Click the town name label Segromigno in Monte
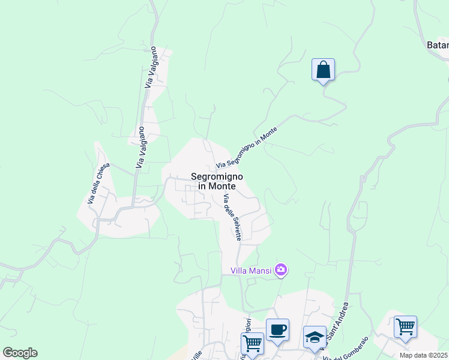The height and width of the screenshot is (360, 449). click(217, 181)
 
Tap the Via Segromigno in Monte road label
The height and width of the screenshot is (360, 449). click(247, 148)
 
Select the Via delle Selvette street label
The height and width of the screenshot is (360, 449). click(232, 218)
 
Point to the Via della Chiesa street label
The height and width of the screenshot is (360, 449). click(99, 183)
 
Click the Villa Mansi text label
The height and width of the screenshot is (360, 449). click(252, 271)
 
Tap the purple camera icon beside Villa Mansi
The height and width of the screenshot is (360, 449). click(281, 270)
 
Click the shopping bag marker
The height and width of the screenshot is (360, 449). click(323, 70)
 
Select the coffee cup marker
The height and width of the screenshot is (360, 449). click(277, 331)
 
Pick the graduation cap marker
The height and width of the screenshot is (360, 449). click(314, 337)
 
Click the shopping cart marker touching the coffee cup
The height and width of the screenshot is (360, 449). click(252, 344)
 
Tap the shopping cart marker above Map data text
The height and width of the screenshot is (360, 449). click(405, 328)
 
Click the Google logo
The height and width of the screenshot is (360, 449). click(20, 353)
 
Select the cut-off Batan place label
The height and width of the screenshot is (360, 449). click(437, 45)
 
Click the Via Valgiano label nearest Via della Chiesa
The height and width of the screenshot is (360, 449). click(140, 146)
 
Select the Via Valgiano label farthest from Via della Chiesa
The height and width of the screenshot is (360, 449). click(150, 67)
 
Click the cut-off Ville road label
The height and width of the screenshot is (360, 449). click(196, 355)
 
